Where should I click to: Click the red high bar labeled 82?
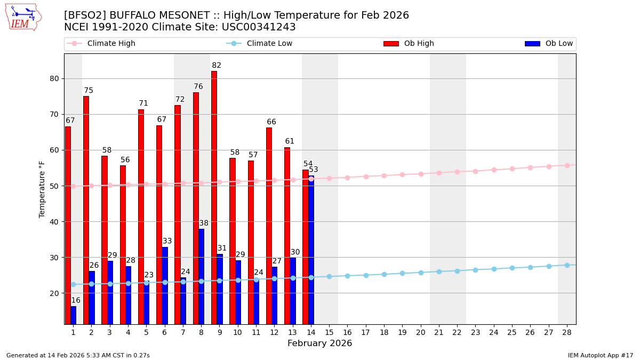tap(214, 197)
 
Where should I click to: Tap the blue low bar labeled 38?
tap(201, 276)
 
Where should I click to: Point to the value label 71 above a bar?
tap(143, 103)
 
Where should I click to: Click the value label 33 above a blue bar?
tap(167, 241)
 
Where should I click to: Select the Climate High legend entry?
tap(111, 44)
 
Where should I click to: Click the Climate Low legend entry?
tap(269, 44)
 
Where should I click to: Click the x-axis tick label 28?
tap(567, 332)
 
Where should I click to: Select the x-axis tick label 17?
tap(366, 332)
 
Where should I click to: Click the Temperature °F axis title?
tap(42, 189)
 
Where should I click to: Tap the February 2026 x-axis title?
tap(320, 343)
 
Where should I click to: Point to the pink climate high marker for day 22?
tap(457, 172)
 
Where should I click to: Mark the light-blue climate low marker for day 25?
tap(512, 268)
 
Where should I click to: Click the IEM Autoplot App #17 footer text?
tap(600, 355)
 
